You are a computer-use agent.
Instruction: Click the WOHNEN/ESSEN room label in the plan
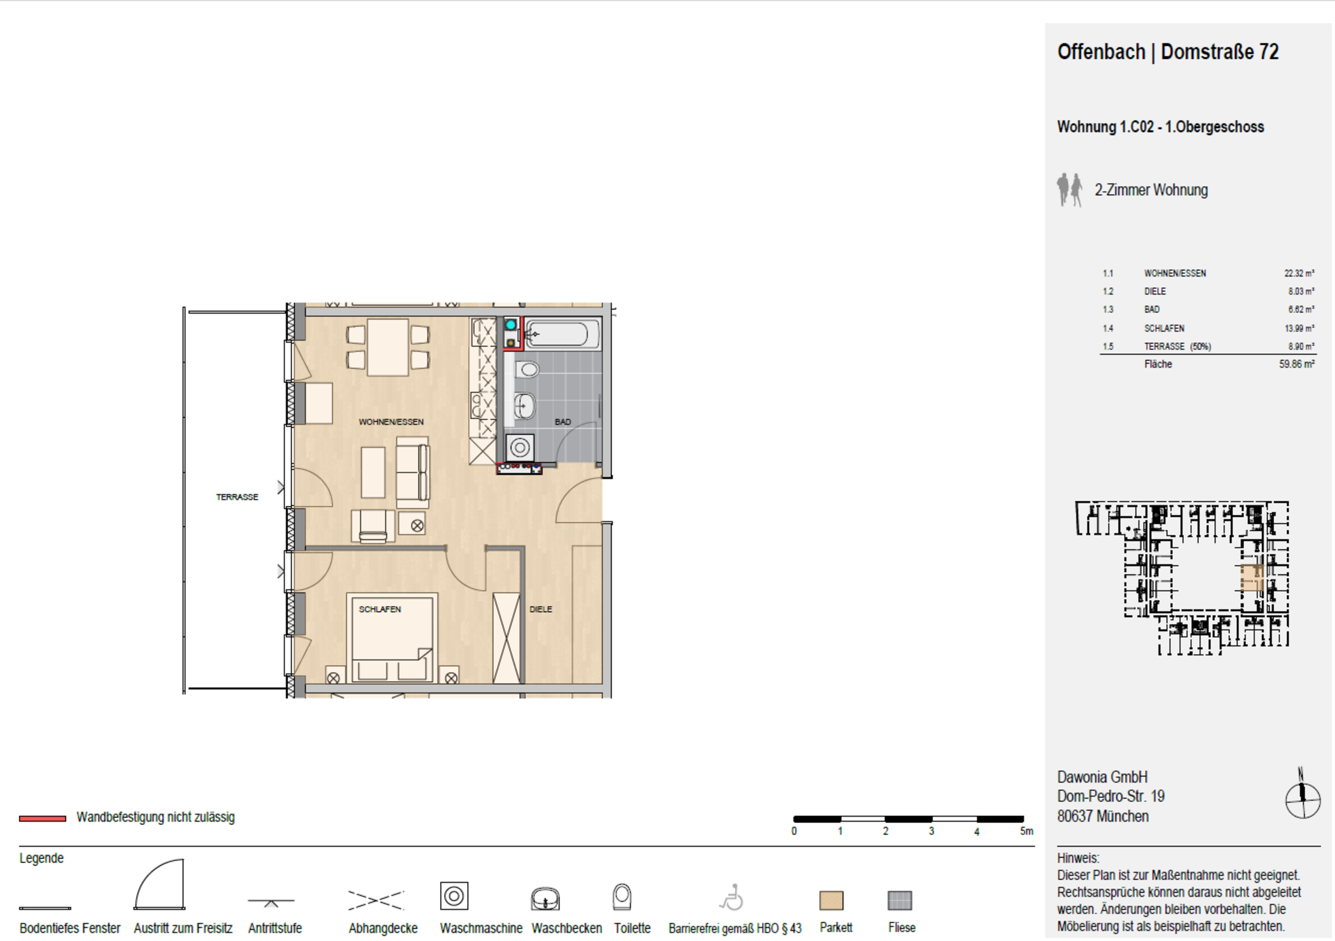tap(391, 422)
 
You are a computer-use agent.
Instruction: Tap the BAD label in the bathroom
tap(563, 422)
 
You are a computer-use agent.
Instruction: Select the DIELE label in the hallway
tap(540, 609)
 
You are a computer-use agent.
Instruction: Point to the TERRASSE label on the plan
tap(237, 497)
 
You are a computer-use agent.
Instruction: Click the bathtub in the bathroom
tap(562, 335)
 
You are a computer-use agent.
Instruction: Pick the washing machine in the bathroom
tap(519, 448)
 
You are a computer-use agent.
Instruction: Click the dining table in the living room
tap(388, 347)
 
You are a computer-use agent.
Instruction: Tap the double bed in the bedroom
tap(393, 638)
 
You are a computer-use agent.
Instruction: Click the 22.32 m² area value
tap(1299, 274)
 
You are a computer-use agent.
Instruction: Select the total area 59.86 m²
tap(1297, 364)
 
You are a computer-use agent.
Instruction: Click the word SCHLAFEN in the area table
tap(1164, 329)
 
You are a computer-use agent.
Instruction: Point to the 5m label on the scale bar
tap(1026, 831)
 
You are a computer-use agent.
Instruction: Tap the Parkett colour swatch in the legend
tap(832, 901)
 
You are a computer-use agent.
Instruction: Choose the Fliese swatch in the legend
tap(900, 901)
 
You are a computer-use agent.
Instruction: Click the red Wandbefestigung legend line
tap(42, 818)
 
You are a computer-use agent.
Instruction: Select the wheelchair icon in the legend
tap(731, 897)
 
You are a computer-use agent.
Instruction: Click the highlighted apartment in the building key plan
tap(1252, 578)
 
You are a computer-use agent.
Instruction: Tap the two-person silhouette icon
tap(1069, 190)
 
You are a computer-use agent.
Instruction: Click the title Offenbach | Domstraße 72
tap(1167, 52)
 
